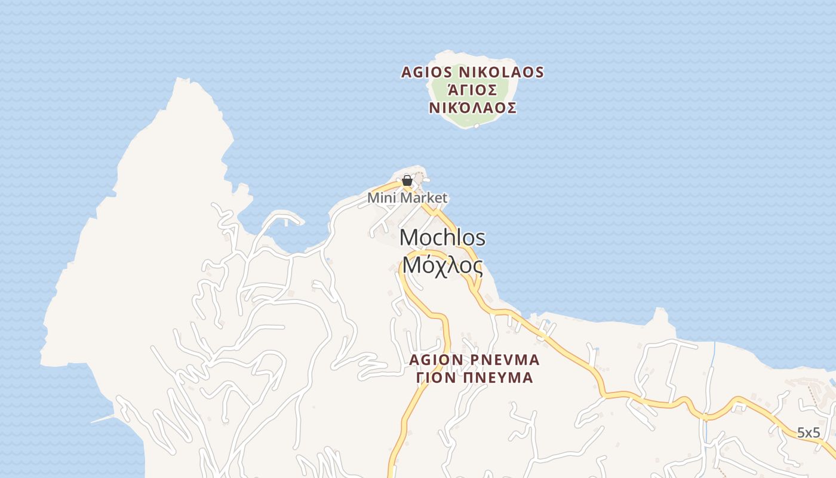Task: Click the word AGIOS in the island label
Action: tap(426, 72)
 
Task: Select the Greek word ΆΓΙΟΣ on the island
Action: tap(472, 90)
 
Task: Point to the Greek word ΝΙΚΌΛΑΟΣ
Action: tap(472, 108)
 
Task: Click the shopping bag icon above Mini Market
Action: tap(407, 180)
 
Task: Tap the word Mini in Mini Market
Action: tap(380, 198)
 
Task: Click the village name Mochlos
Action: tap(442, 238)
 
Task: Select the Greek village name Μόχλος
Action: tap(442, 264)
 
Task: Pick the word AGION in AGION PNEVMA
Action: tap(437, 360)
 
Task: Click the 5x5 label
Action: tap(809, 433)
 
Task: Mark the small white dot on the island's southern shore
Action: tap(477, 126)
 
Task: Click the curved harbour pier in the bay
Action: tap(281, 216)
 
